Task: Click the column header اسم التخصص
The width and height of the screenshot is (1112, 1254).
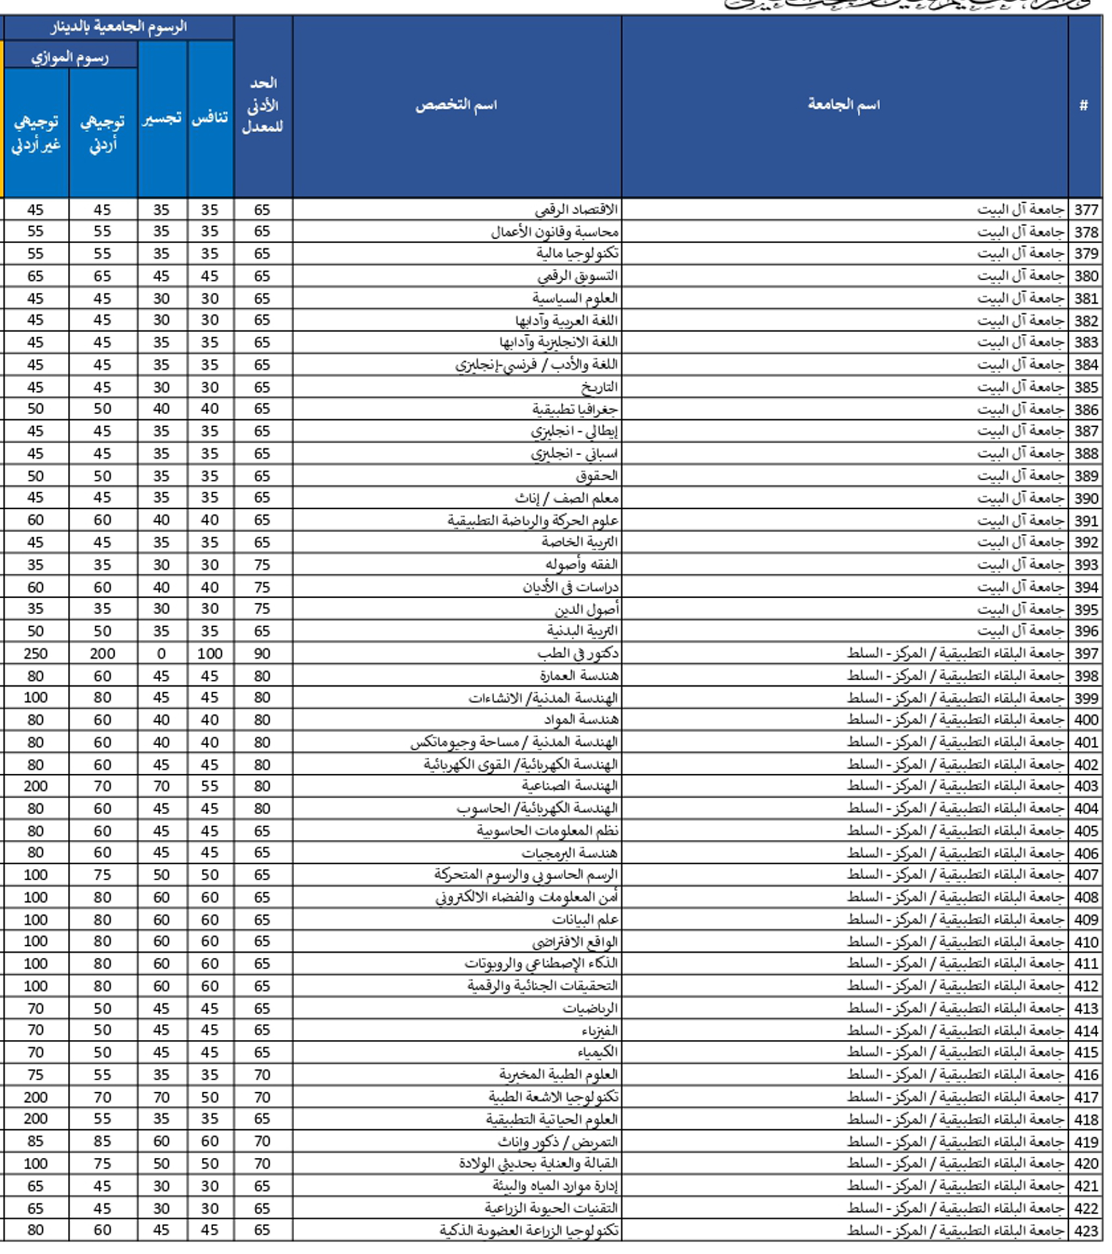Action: tap(456, 105)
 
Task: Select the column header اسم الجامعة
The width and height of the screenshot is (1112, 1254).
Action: tap(844, 105)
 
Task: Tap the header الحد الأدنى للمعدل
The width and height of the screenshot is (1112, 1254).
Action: tap(262, 105)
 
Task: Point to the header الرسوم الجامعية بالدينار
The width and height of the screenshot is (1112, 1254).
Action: tap(119, 27)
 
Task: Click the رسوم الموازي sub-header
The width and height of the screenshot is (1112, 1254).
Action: tap(70, 58)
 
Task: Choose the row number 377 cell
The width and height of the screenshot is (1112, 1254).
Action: tap(1086, 210)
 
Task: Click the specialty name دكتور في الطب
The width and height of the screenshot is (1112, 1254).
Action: tap(577, 654)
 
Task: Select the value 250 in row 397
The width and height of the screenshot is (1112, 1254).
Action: tap(36, 654)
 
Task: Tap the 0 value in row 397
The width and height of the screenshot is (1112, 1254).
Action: tap(161, 654)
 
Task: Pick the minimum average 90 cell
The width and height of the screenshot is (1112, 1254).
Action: tap(262, 654)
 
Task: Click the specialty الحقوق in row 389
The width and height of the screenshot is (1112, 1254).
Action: tap(596, 475)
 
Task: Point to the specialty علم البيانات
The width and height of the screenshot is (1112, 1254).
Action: tap(585, 919)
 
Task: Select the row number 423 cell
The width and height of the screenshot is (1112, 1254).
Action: tap(1086, 1230)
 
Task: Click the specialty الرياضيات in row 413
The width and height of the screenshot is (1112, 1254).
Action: tap(590, 1008)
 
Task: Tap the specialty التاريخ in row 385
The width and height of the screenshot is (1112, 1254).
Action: tap(599, 387)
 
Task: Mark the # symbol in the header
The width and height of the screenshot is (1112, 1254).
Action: tap(1084, 105)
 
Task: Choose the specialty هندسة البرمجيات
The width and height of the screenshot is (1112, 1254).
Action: tap(570, 853)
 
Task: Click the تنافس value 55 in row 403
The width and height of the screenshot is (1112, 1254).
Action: tap(209, 786)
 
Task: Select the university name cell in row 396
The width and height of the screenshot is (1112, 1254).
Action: tap(1020, 631)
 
